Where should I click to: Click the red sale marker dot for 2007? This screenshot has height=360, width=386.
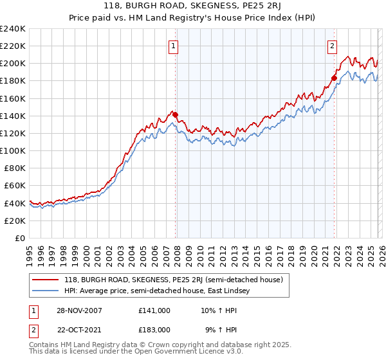tap(176, 115)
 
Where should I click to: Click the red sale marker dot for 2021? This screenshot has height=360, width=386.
tap(334, 78)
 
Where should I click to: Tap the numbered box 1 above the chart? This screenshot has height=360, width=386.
tap(174, 46)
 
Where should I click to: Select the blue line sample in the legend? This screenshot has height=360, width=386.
tap(46, 291)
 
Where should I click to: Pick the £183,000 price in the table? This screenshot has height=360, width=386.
tap(154, 330)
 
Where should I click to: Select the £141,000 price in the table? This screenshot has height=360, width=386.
tap(154, 310)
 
